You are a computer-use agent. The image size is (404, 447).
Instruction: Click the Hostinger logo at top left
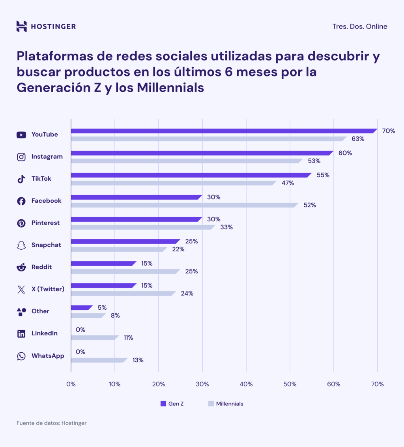(46, 26)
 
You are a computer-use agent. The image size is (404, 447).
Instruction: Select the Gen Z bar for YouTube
(223, 131)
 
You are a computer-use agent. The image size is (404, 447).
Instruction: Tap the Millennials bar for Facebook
(184, 205)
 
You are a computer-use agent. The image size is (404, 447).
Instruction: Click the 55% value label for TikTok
(323, 175)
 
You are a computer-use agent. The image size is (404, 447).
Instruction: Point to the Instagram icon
(21, 157)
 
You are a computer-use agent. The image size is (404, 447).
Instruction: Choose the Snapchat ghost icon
(21, 245)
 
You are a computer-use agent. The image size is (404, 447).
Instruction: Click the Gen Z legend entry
(172, 404)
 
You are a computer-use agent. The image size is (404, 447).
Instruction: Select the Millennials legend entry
(226, 404)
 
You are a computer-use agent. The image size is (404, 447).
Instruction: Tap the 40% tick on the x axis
(246, 384)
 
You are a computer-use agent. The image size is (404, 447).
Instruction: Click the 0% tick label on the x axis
(71, 384)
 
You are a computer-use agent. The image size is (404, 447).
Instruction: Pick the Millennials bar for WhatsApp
(99, 360)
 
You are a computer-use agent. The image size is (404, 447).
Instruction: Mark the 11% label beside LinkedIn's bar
(128, 338)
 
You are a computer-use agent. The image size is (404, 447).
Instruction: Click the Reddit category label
(41, 267)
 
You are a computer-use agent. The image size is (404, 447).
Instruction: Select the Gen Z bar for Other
(81, 308)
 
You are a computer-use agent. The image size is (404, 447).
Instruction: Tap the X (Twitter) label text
(48, 289)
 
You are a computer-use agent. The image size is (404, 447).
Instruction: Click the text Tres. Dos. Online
(359, 26)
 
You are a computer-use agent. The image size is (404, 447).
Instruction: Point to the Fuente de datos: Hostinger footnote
(51, 423)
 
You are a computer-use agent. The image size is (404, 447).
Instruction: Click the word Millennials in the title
(170, 88)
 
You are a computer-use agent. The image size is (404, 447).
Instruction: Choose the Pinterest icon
(21, 223)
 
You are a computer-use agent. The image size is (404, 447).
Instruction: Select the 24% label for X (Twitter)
(187, 294)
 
